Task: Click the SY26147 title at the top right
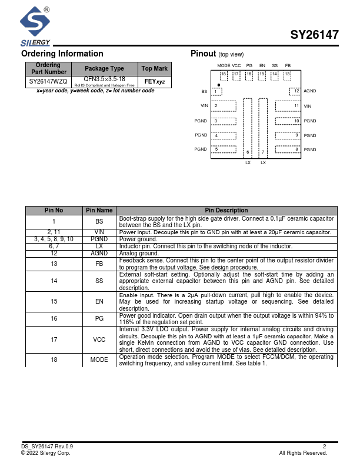point(314,35)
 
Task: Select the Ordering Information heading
point(62,54)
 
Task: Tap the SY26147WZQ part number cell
point(48,81)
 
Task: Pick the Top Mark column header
point(155,68)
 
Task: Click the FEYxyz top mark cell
point(155,81)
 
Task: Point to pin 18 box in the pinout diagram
point(224,75)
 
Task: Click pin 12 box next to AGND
point(295,91)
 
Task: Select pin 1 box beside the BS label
point(217,92)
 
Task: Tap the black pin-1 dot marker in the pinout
point(219,85)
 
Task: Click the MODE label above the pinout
point(224,65)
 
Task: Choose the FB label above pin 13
point(288,65)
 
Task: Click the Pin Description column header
point(226,210)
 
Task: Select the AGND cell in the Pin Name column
point(99,253)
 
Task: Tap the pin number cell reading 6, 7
point(54,247)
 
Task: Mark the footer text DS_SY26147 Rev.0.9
point(47,447)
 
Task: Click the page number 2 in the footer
point(324,447)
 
